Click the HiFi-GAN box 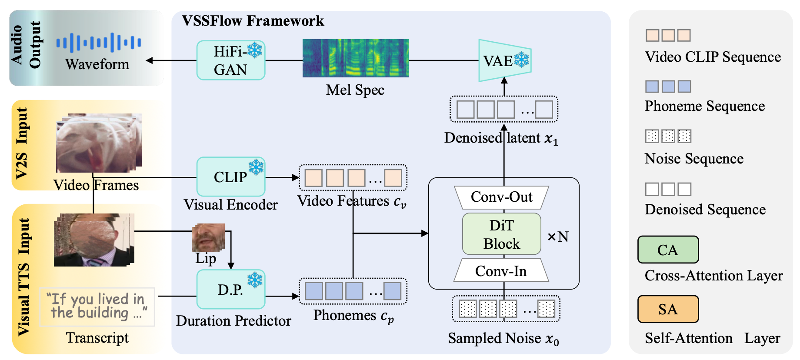(x=230, y=60)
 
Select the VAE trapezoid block (x=504, y=61)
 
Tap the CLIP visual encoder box (x=230, y=177)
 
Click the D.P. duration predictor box (x=230, y=290)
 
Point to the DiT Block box (x=501, y=234)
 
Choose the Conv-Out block (x=501, y=197)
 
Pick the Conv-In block (x=501, y=271)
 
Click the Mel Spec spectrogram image (x=355, y=58)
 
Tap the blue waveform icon (x=99, y=43)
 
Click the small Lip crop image (x=208, y=237)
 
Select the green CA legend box (x=668, y=250)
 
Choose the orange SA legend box (x=668, y=309)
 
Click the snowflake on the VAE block (x=521, y=60)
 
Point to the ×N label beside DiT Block (x=558, y=237)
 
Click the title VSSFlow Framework (x=253, y=21)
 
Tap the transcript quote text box (x=97, y=307)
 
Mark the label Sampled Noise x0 (x=503, y=338)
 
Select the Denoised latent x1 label (x=501, y=138)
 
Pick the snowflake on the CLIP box (x=256, y=167)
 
